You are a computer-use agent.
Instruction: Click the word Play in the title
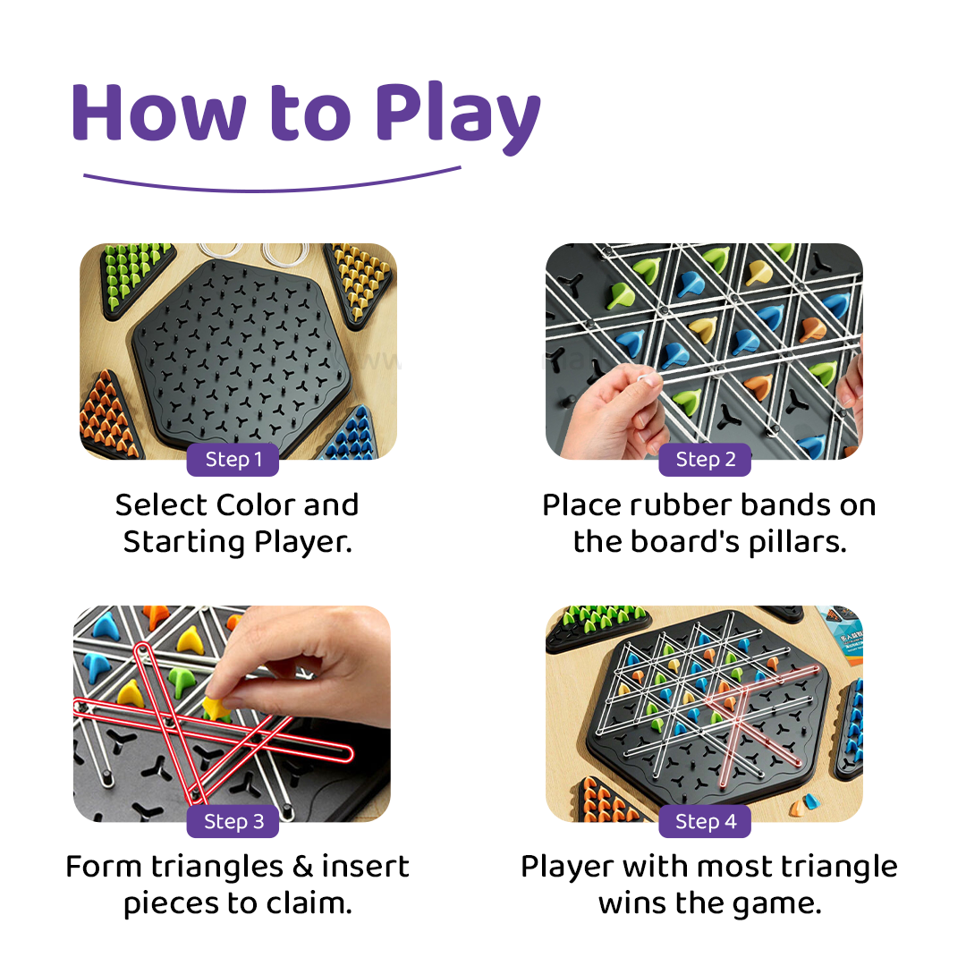(458, 117)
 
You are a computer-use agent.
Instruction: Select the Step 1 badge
(233, 459)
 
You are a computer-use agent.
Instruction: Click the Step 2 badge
(705, 459)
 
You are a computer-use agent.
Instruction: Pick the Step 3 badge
(233, 821)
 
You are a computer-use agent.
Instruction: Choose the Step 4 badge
(705, 821)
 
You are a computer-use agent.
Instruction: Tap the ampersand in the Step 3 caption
(302, 867)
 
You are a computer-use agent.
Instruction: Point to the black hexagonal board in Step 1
(241, 354)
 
